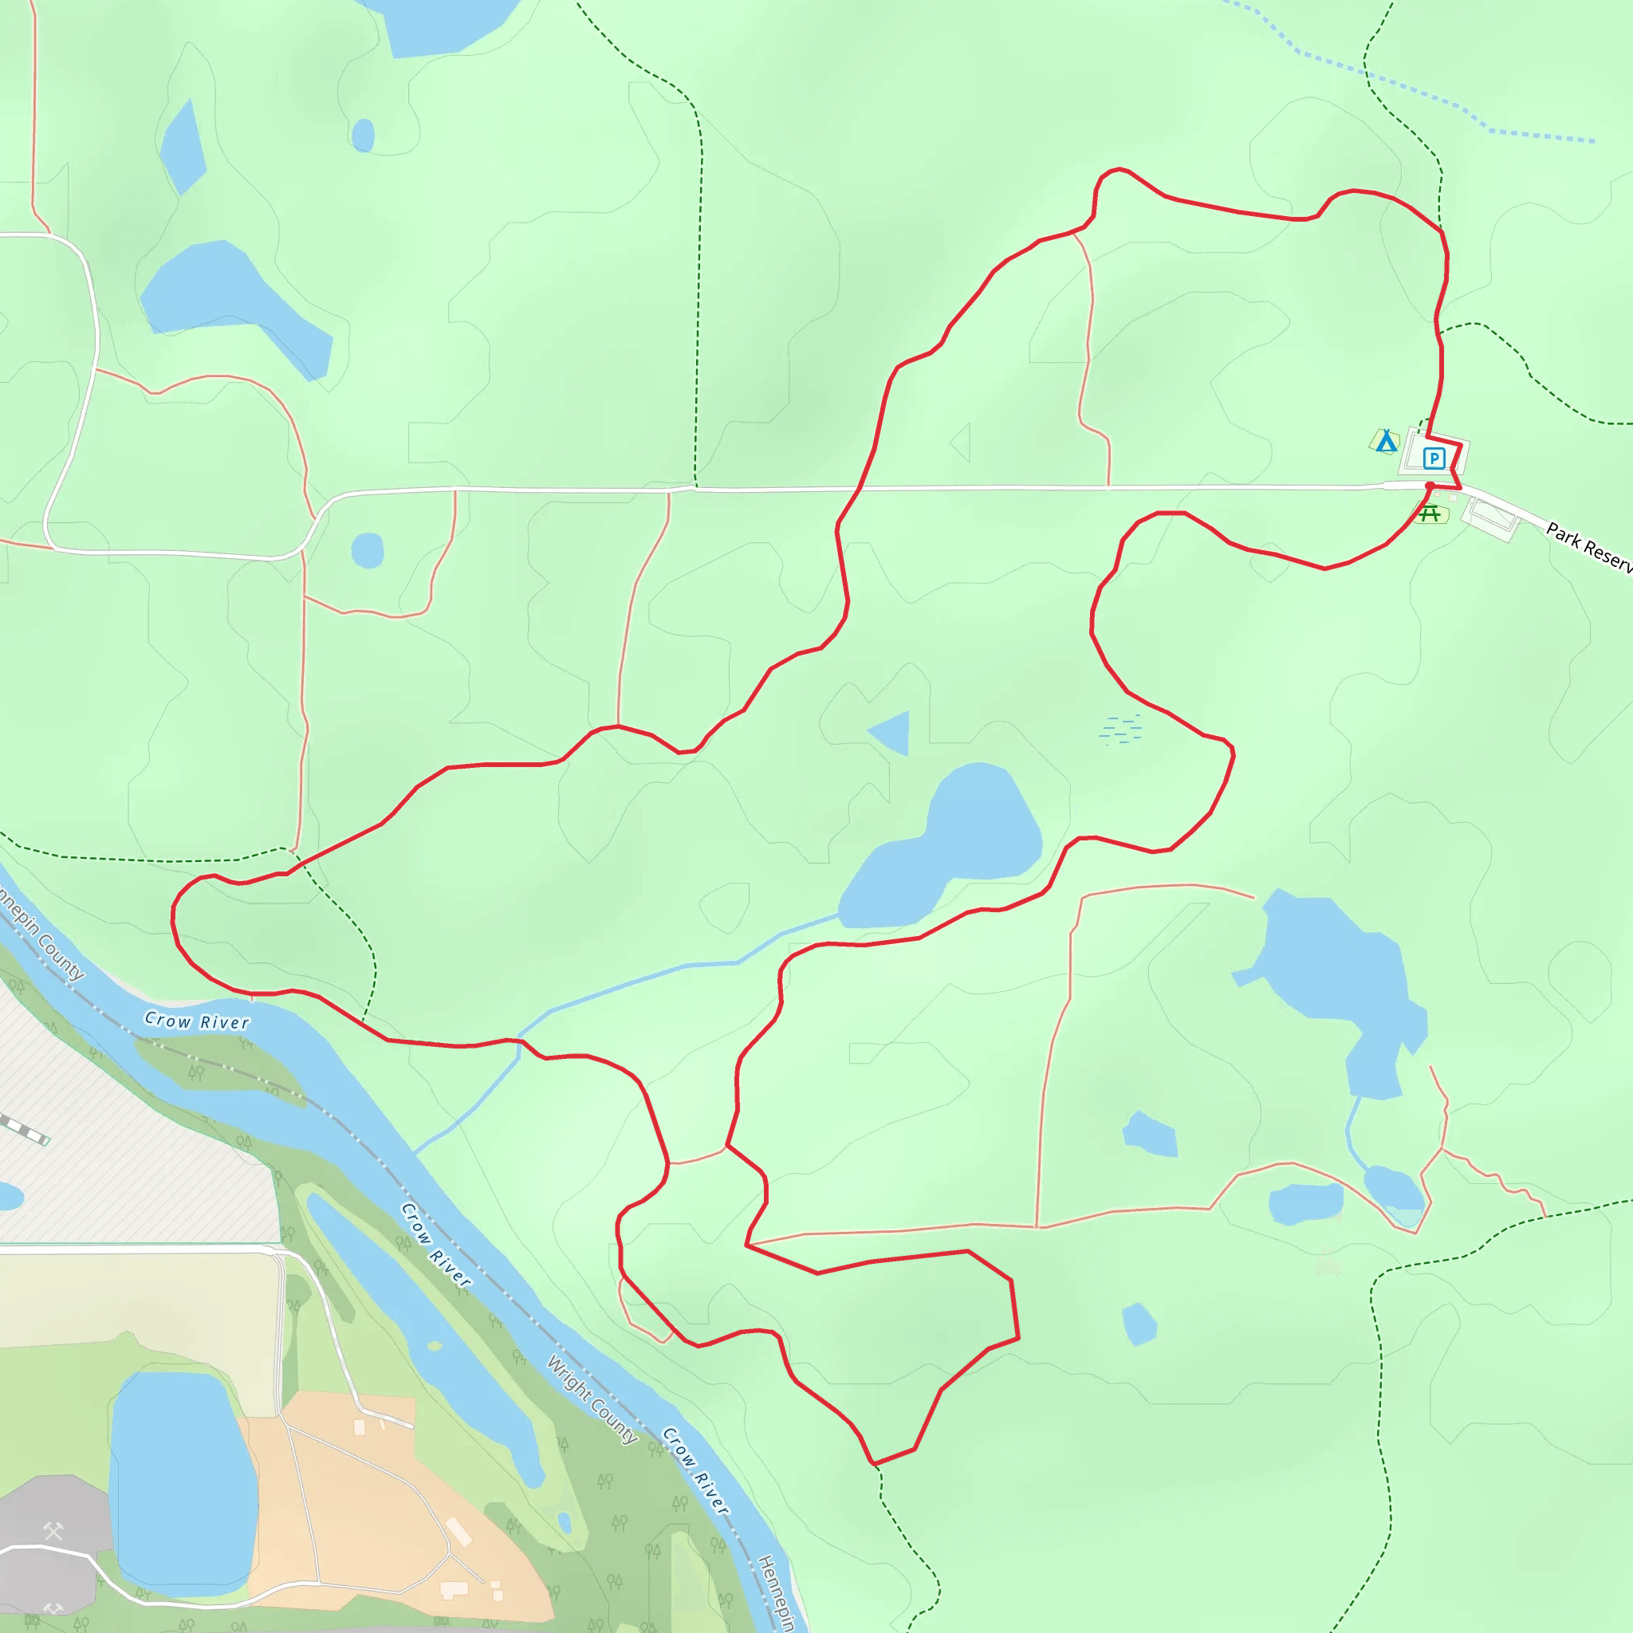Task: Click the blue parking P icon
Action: click(x=1434, y=458)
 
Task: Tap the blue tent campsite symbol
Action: click(x=1385, y=441)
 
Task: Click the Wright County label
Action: click(x=591, y=1399)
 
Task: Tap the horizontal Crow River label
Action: click(x=197, y=1021)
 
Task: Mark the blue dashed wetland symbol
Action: click(x=1121, y=729)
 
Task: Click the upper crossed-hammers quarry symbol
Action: click(x=53, y=1531)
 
